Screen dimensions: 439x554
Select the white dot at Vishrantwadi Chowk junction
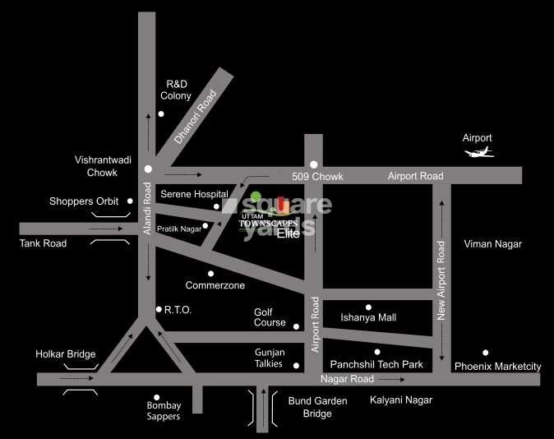coord(148,169)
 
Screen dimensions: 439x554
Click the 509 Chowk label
coord(317,177)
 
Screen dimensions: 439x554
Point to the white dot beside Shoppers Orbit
coord(130,201)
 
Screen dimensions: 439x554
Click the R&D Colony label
coord(176,90)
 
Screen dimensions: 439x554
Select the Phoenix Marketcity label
coord(497,366)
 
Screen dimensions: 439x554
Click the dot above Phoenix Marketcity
coord(486,352)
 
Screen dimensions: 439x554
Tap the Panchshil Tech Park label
coord(376,363)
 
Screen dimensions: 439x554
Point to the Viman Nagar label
coord(492,244)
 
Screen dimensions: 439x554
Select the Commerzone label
coord(215,285)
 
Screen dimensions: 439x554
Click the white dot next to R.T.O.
coord(158,309)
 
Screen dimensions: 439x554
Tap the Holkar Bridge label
coord(66,354)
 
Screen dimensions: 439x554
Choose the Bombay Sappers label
coord(164,410)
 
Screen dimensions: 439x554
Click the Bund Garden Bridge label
coord(317,407)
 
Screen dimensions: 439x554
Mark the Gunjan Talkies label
coord(269,358)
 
